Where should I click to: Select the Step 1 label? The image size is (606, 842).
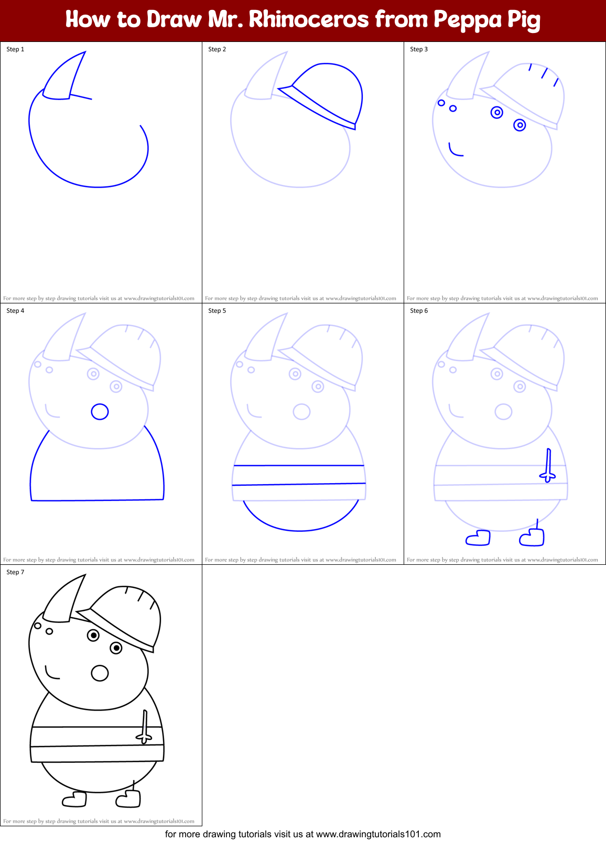pyautogui.click(x=15, y=49)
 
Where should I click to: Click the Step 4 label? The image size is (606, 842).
pyautogui.click(x=15, y=311)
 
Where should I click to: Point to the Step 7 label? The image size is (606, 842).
pyautogui.click(x=15, y=572)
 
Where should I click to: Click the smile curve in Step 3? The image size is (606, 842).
pyautogui.click(x=455, y=150)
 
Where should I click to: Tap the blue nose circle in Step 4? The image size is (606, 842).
pyautogui.click(x=100, y=412)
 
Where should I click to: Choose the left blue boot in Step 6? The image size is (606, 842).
pyautogui.click(x=479, y=538)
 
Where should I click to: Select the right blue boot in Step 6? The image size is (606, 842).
pyautogui.click(x=533, y=537)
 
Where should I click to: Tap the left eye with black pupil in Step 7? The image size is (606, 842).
pyautogui.click(x=93, y=635)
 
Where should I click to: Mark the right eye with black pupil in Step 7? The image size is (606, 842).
pyautogui.click(x=116, y=648)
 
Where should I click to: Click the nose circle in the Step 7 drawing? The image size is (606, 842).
pyautogui.click(x=100, y=673)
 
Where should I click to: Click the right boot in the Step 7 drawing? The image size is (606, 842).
pyautogui.click(x=129, y=799)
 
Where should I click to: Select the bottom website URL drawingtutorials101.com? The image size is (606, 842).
pyautogui.click(x=378, y=834)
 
